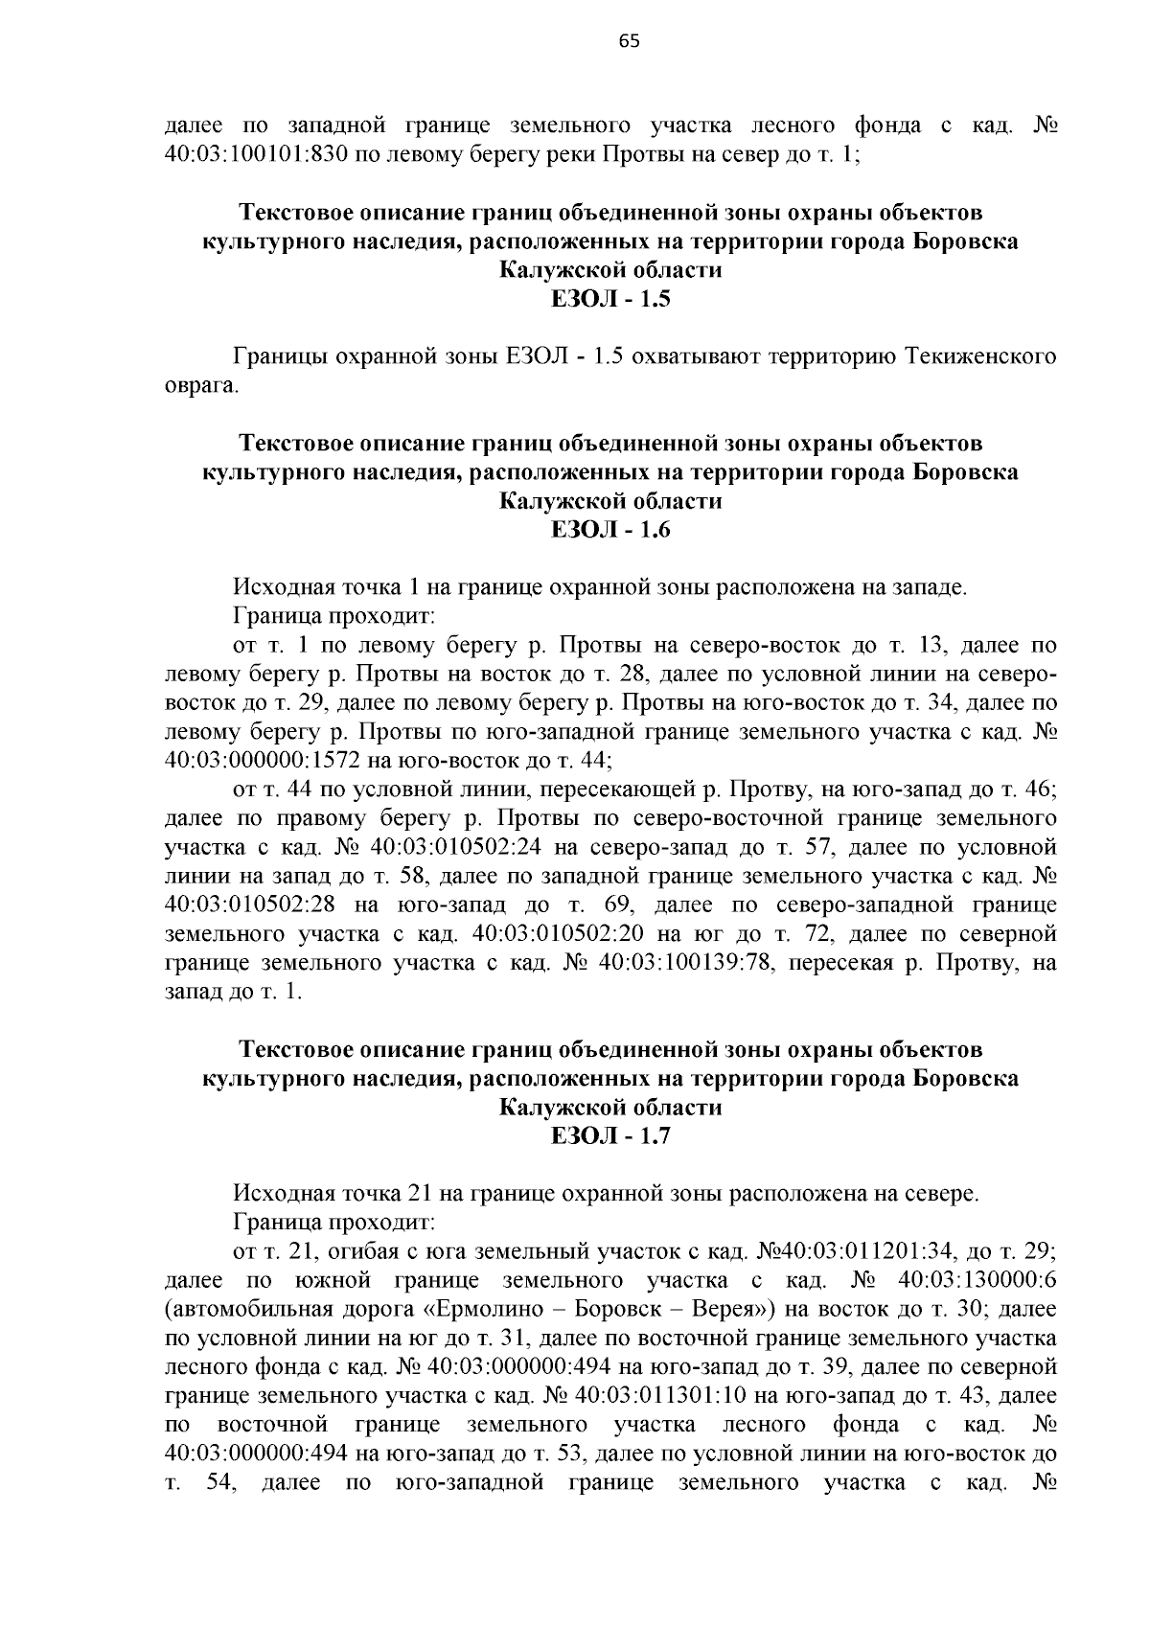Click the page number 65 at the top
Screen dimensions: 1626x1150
click(x=629, y=40)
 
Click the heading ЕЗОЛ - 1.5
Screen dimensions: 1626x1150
click(x=610, y=299)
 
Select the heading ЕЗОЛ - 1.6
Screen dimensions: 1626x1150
click(x=610, y=530)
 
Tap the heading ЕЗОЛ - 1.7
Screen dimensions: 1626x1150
click(x=610, y=1136)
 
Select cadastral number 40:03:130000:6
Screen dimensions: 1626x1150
click(x=978, y=1280)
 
